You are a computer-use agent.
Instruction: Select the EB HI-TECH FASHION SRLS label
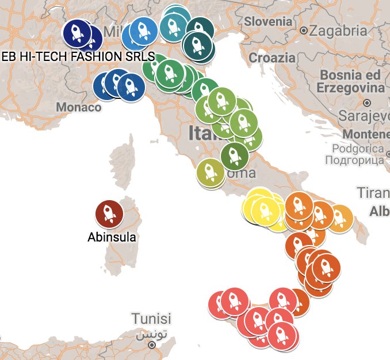(x=79, y=57)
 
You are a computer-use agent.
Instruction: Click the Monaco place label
(x=79, y=108)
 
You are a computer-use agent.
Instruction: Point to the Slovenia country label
(x=267, y=21)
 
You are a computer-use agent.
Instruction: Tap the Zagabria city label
(x=338, y=30)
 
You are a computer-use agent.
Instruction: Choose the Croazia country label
(x=272, y=58)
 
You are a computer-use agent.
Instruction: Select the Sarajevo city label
(x=365, y=117)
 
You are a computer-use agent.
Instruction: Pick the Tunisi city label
(x=151, y=319)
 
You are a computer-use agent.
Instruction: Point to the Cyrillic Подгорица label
(x=354, y=160)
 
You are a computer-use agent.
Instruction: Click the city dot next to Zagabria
(x=304, y=30)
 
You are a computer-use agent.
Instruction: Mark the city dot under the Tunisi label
(x=151, y=345)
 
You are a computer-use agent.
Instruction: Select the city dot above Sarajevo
(x=366, y=103)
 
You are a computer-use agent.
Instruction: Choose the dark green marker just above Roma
(x=234, y=154)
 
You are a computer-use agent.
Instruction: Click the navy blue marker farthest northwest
(x=78, y=33)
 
